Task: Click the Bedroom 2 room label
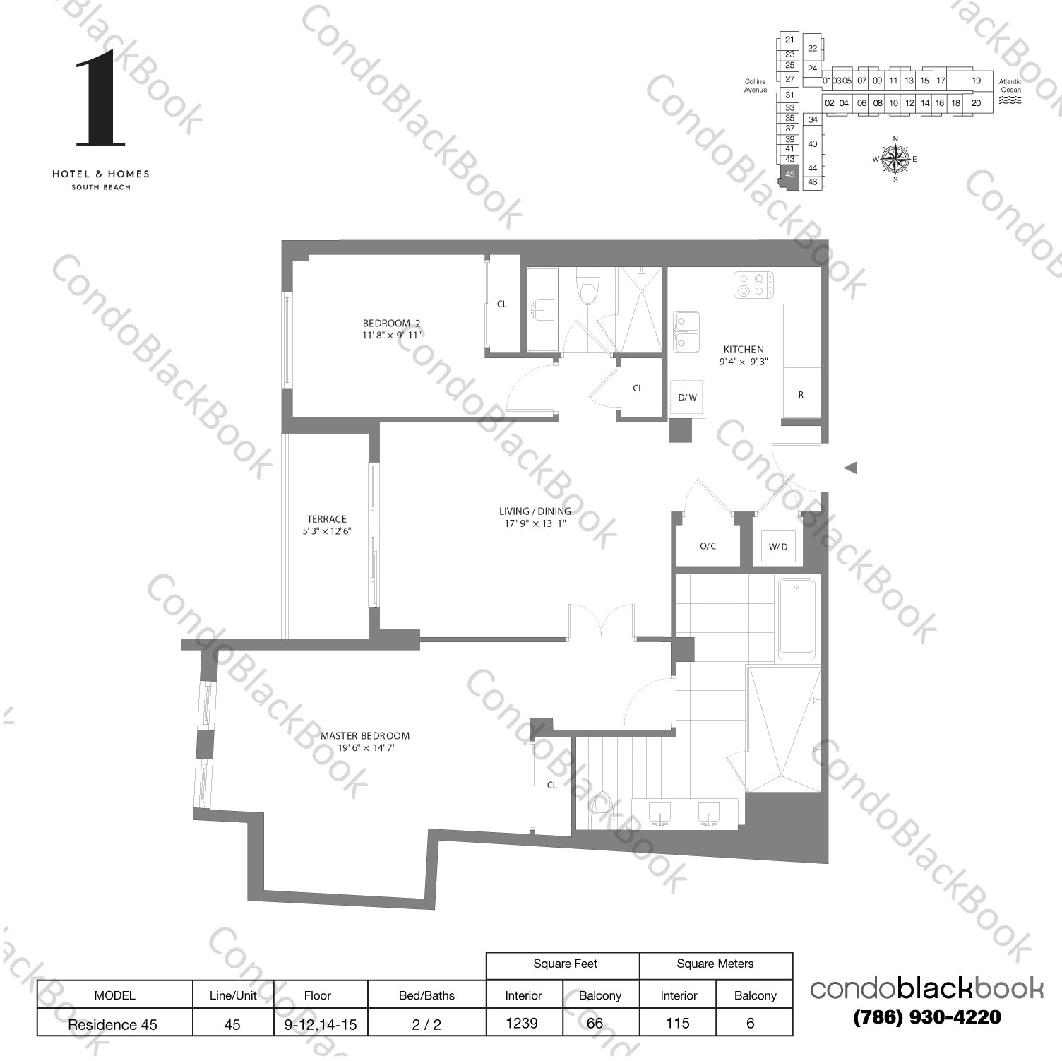391,329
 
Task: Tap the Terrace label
326,524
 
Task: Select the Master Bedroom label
365,741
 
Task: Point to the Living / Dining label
535,516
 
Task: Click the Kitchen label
744,355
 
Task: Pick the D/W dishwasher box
687,398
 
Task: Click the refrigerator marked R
801,395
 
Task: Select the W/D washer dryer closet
778,547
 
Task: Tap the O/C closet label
708,546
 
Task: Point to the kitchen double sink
685,331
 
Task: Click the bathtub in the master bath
796,619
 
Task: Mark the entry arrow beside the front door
850,467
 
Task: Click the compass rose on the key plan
895,159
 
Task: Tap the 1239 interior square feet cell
523,1023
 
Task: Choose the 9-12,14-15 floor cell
317,1024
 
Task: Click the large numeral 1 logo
100,98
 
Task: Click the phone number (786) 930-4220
926,1017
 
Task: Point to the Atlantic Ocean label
1010,86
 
